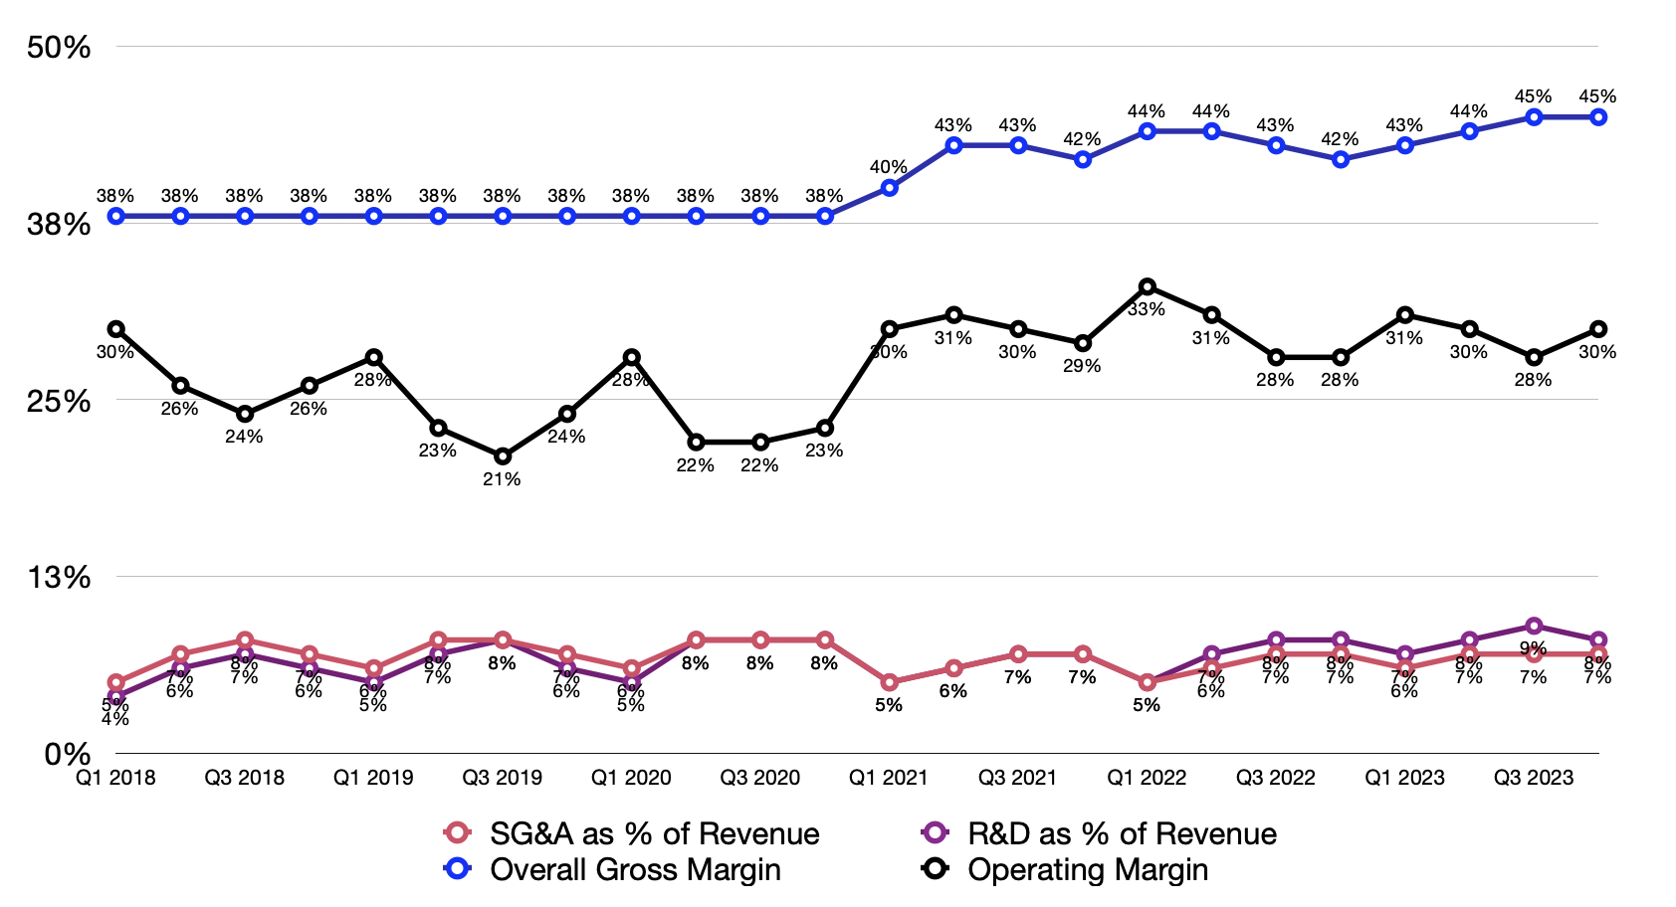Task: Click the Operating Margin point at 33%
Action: tap(1147, 286)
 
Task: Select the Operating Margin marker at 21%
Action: tap(503, 456)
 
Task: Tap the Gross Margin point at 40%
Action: tap(889, 187)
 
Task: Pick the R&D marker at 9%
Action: tap(1534, 626)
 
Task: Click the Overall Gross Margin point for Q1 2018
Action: tap(115, 216)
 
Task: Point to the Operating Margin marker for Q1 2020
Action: tap(631, 357)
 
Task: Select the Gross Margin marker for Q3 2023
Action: tap(1534, 116)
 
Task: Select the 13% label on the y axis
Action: tap(60, 578)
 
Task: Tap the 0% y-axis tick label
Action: tap(68, 754)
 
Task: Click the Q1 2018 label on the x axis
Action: tap(115, 778)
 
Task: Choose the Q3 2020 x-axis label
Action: tap(760, 778)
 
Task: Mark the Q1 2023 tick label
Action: tap(1404, 778)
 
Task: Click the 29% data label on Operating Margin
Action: tap(1082, 366)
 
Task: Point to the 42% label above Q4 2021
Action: tap(1082, 139)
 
